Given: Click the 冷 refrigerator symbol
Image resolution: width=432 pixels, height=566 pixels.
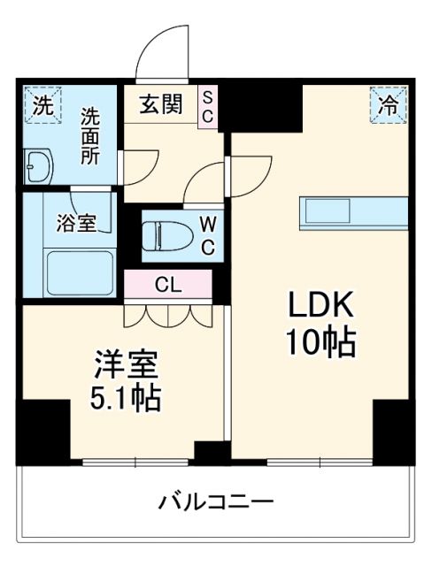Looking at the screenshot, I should tap(387, 104).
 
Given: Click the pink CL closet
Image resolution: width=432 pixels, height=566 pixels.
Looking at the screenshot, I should tap(168, 284).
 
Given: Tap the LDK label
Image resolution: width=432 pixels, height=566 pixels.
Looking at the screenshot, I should tap(320, 305).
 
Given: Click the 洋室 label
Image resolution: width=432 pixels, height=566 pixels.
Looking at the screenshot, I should tap(126, 364).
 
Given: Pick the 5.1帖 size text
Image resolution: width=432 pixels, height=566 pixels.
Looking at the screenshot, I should tap(126, 399).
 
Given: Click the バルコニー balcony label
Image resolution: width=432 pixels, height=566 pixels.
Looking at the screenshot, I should tap(215, 503).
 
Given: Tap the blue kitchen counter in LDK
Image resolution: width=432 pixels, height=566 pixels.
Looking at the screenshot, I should tap(352, 210).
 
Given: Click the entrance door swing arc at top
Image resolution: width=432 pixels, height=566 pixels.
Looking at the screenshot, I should tap(165, 51).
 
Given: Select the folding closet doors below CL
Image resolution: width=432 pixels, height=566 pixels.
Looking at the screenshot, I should tap(168, 313).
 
